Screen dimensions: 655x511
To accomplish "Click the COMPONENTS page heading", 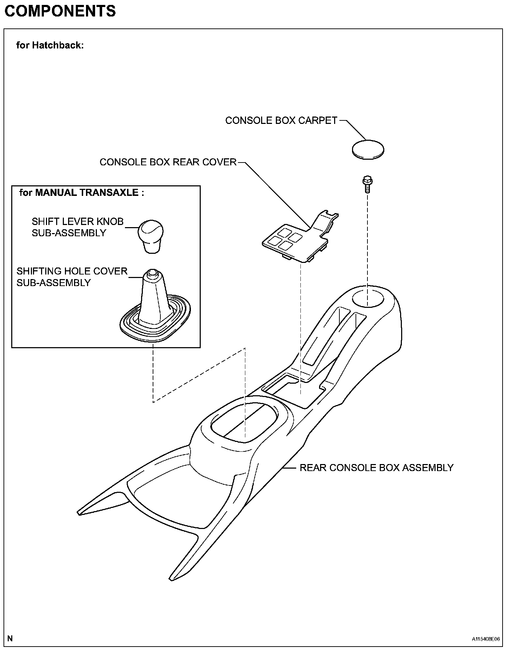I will click(60, 12).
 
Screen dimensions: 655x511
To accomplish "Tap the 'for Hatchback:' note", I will click(50, 45).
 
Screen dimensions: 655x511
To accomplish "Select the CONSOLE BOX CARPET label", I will click(281, 120).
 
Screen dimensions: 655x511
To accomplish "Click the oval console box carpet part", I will click(368, 150).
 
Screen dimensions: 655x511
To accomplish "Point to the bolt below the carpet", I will click(367, 184).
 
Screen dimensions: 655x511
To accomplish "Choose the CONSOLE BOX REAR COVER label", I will click(168, 162).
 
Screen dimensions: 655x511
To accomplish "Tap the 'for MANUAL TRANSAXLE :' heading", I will click(81, 193).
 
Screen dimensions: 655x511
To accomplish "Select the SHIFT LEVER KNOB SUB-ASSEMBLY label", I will click(78, 227).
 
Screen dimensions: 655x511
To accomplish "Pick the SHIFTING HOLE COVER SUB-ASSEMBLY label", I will click(72, 277).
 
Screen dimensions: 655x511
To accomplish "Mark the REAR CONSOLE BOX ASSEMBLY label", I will click(376, 468).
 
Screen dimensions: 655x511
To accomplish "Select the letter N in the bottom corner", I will click(10, 638).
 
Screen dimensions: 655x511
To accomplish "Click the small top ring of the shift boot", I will click(152, 273).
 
